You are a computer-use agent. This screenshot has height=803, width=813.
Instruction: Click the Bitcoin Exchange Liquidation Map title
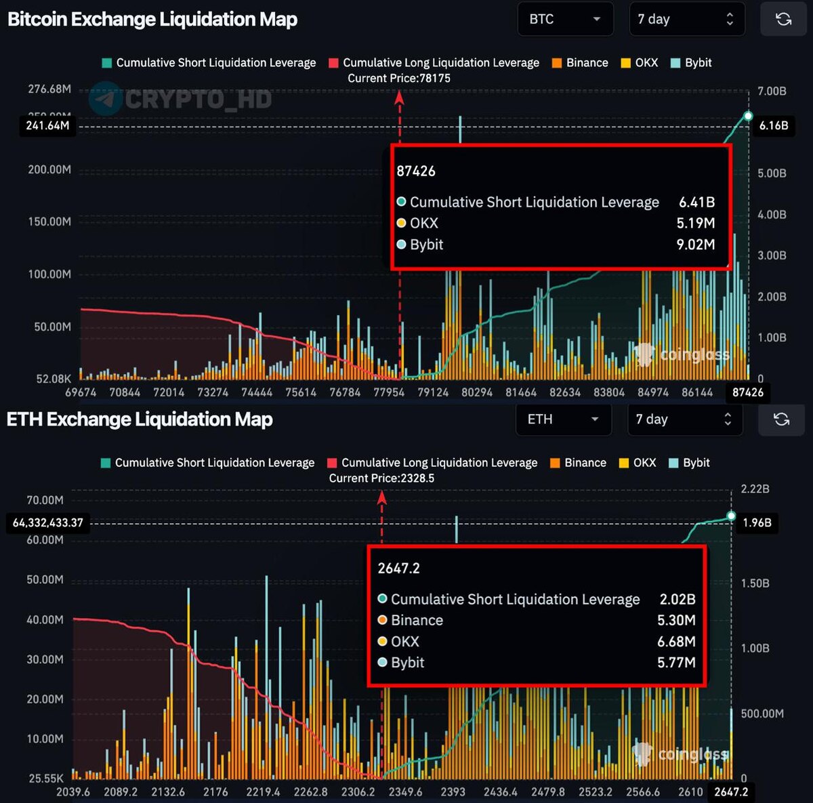click(x=152, y=19)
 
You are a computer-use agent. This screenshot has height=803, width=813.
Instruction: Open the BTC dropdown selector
click(x=564, y=19)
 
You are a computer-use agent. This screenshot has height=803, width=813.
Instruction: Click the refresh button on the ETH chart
click(x=781, y=419)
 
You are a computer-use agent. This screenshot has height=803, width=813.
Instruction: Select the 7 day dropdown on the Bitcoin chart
click(x=686, y=19)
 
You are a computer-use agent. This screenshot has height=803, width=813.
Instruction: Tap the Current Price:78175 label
click(x=398, y=78)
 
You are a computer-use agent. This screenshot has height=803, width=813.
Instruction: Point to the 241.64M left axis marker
click(x=47, y=125)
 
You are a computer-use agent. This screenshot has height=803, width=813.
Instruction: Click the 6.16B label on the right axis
click(x=773, y=125)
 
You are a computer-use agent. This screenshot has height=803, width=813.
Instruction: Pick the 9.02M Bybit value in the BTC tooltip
click(x=695, y=245)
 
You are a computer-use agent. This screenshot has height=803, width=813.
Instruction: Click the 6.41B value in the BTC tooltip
click(x=696, y=202)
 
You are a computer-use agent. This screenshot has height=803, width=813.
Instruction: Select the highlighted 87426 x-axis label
click(x=747, y=392)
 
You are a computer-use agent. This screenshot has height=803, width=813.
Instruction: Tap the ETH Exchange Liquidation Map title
click(x=140, y=419)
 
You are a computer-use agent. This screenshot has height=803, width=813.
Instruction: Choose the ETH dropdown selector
click(x=563, y=419)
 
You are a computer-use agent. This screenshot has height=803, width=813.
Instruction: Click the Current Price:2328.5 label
click(x=381, y=478)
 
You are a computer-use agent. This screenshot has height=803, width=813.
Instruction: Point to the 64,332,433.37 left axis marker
click(x=47, y=522)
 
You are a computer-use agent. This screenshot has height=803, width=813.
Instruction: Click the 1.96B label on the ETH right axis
click(x=757, y=522)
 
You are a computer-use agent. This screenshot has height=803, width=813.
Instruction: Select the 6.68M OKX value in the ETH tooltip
click(x=676, y=641)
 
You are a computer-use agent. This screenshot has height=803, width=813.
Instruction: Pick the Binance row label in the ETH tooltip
click(x=417, y=620)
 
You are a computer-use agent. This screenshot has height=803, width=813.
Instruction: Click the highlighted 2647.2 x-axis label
click(x=730, y=792)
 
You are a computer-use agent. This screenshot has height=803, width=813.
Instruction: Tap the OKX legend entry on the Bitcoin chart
click(x=640, y=62)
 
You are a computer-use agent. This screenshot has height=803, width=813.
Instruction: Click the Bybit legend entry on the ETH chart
click(x=689, y=463)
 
